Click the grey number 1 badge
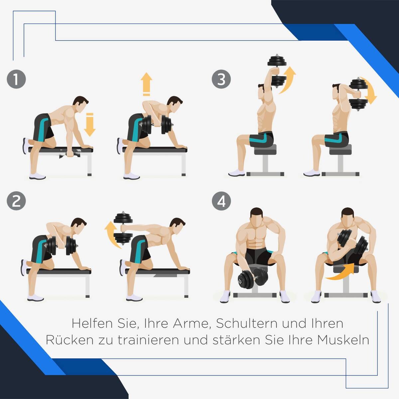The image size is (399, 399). (x=16, y=79)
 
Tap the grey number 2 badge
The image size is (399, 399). (x=16, y=201)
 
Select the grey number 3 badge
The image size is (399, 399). (x=221, y=79)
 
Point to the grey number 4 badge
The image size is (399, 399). (x=221, y=201)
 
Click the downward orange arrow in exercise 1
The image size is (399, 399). (x=90, y=125)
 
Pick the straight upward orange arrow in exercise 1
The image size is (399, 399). (x=146, y=84)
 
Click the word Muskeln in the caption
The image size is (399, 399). (x=343, y=340)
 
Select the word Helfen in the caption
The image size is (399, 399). (x=92, y=323)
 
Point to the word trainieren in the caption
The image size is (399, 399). (x=148, y=340)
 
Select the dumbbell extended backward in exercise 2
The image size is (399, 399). (x=123, y=228)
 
